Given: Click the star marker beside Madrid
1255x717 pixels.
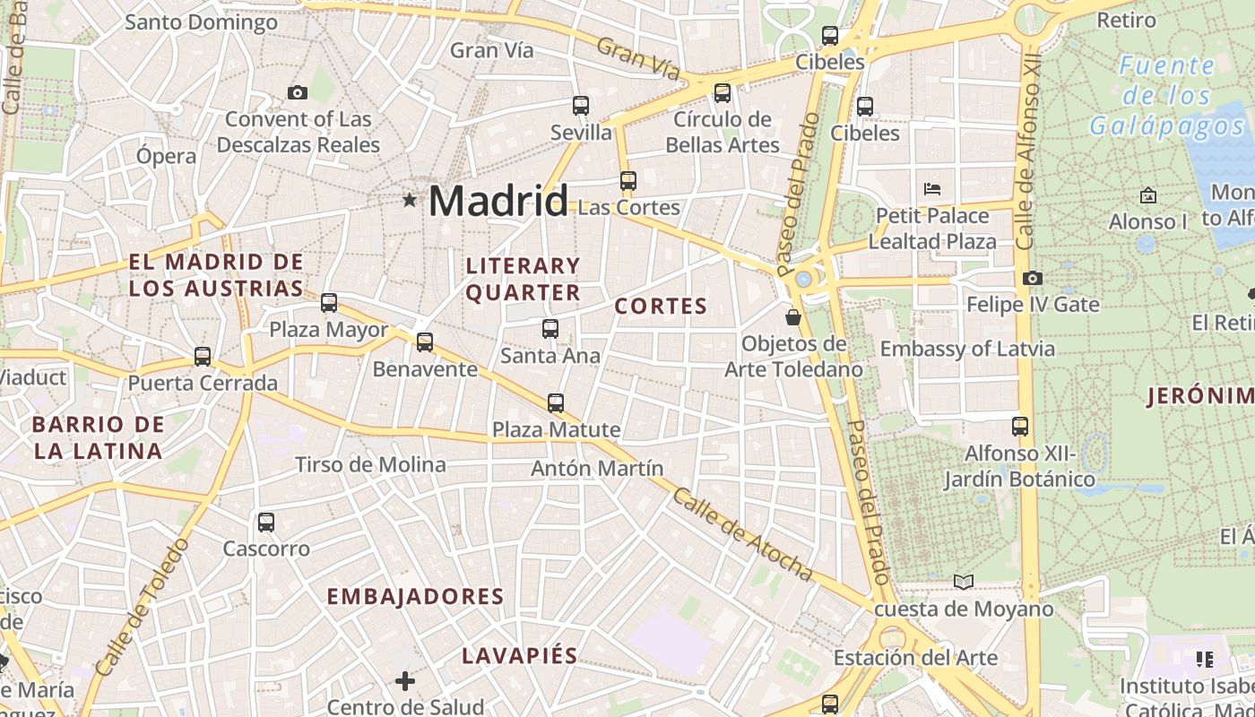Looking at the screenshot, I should (410, 200).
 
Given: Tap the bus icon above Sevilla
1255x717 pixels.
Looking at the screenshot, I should (581, 106).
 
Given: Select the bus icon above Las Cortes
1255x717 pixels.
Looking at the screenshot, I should (627, 181).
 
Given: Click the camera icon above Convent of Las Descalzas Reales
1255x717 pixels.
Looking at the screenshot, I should (298, 92).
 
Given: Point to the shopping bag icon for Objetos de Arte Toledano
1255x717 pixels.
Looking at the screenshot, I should (793, 316).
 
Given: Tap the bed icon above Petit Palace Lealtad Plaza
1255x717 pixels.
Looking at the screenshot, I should (932, 189).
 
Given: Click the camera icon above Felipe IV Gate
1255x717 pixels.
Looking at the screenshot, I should (1033, 279).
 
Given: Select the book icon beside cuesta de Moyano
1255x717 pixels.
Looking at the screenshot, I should (964, 583).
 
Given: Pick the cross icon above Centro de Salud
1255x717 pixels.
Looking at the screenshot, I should (405, 681).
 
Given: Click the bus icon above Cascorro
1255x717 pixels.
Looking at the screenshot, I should (266, 523).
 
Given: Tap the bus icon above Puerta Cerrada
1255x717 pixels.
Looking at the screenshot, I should (203, 357).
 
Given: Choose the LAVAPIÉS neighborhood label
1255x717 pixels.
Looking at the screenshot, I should (520, 655).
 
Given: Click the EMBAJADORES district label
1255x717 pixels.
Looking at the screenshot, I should (415, 597).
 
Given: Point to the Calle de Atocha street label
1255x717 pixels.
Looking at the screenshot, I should (743, 534).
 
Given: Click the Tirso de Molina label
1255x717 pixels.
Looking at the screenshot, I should (370, 464).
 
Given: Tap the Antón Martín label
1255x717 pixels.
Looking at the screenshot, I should (597, 469).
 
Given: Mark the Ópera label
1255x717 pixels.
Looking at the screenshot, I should (166, 156).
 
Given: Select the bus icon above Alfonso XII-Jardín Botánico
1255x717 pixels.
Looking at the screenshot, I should (1020, 427).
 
